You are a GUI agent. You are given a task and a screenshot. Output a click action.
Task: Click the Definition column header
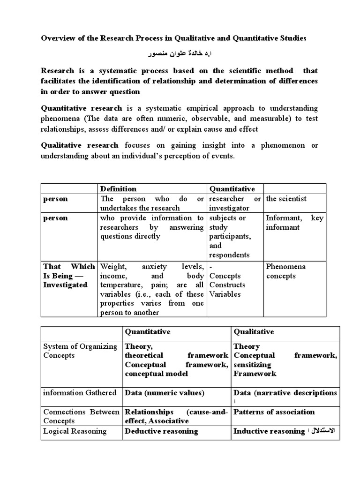pos(119,189)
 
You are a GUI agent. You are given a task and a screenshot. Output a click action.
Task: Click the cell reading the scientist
pos(286,199)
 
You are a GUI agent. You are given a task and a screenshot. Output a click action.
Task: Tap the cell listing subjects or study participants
pos(232,236)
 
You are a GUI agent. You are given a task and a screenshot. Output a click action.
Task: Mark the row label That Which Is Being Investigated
pos(68,276)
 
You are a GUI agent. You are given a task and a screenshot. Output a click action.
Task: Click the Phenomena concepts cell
pos(285,271)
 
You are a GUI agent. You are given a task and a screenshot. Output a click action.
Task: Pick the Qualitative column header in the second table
pos(253,332)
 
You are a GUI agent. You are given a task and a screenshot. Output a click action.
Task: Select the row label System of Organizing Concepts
pos(80,351)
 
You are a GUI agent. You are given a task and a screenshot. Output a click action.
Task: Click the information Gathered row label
pos(80,393)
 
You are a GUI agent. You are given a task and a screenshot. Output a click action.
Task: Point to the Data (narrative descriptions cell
pos(285,393)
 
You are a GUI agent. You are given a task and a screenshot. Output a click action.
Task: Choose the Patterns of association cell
pos(274,412)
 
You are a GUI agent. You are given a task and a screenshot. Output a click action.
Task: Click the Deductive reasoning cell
pos(161,431)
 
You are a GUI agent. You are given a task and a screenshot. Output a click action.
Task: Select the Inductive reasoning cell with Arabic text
pos(285,431)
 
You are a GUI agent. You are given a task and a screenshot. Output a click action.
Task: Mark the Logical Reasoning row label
pos(75,431)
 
